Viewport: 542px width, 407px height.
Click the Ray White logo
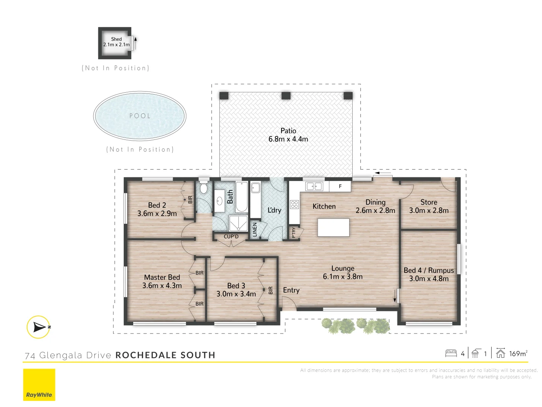click(39, 385)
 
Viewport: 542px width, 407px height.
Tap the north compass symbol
click(38, 327)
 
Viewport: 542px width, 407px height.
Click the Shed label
click(116, 39)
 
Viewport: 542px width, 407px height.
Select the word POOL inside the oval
click(140, 116)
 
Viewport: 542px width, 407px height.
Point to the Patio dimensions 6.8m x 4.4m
click(288, 139)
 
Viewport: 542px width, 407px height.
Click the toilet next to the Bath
click(204, 188)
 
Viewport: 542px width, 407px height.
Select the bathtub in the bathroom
click(242, 197)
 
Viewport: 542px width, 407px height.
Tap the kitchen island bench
click(333, 228)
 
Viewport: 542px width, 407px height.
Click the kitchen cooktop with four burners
click(294, 205)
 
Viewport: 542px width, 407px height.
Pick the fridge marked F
click(340, 186)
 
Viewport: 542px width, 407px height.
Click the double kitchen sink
click(314, 186)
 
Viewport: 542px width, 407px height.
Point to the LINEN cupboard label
click(255, 230)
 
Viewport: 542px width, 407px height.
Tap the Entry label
click(291, 290)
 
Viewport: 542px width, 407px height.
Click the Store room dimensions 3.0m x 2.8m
click(429, 211)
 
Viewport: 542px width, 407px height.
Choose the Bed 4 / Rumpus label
click(429, 271)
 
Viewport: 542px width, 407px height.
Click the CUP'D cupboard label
click(231, 237)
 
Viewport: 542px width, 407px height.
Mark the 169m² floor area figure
click(518, 353)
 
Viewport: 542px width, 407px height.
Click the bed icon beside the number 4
click(451, 353)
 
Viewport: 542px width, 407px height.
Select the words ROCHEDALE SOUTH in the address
click(165, 355)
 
